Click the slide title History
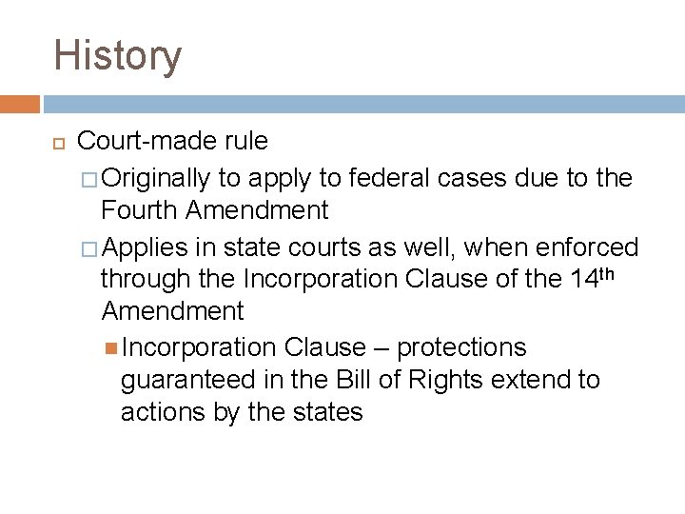[117, 55]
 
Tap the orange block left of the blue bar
[20, 103]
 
